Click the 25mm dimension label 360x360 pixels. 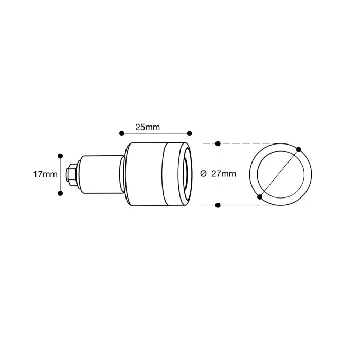tap(148, 127)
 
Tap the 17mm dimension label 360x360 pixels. tap(45, 174)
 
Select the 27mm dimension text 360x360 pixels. tap(224, 174)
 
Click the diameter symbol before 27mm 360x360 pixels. tap(203, 174)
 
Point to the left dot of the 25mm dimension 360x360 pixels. tap(122, 133)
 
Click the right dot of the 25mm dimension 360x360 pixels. tap(190, 133)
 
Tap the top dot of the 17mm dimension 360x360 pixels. tap(60, 156)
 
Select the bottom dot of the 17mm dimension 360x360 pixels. tap(60, 193)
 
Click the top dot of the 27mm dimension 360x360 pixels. tap(218, 143)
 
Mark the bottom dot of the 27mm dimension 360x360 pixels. tap(218, 205)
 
